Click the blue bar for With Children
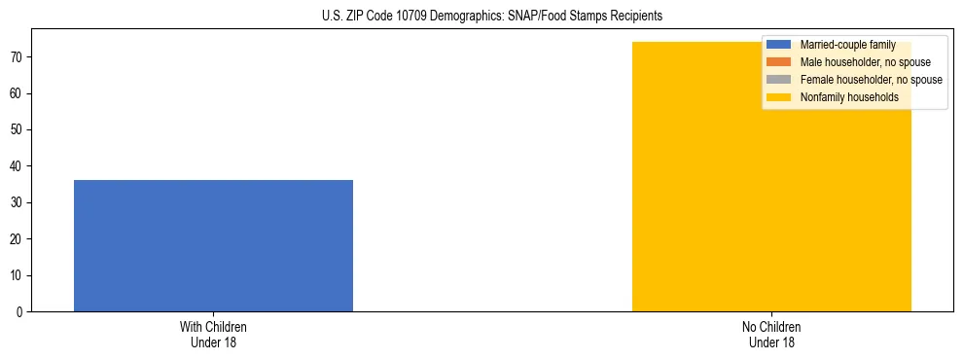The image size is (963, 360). coord(213,245)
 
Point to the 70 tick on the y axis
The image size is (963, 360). coord(19,57)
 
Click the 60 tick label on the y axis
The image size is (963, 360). coord(19,93)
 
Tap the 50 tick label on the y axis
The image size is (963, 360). coord(19,129)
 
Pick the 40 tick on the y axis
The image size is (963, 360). coord(19,166)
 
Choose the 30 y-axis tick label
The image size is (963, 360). coord(19,202)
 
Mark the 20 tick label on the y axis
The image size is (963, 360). coord(19,238)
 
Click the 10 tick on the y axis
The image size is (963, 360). coord(19,275)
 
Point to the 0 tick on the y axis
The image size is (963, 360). coord(22,311)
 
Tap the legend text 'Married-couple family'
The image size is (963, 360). coord(847,45)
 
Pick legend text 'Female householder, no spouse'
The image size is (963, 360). coord(871,80)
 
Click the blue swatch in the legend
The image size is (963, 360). coord(779,45)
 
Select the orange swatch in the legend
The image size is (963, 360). coord(779,62)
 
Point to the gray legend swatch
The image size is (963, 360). coord(779,80)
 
